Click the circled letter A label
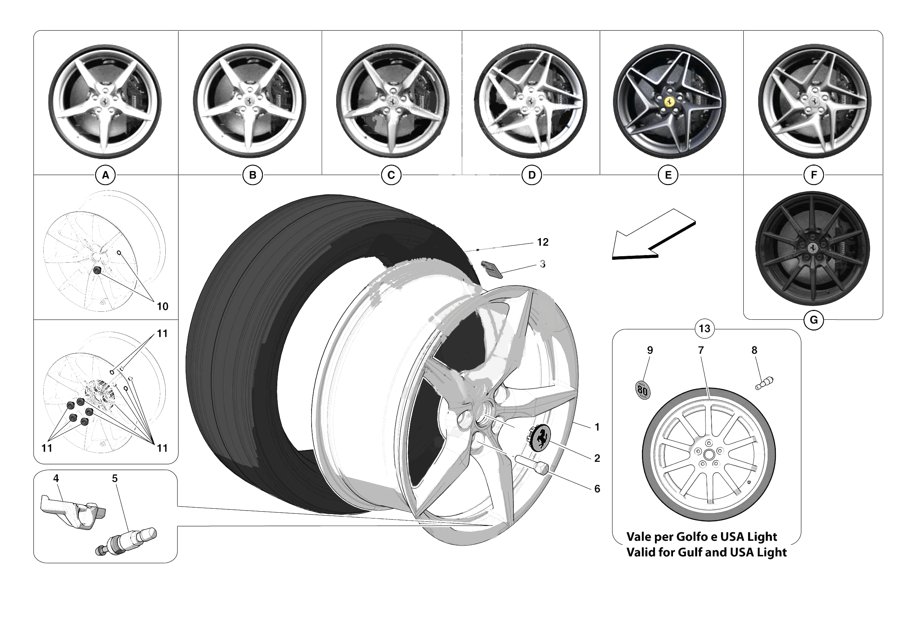click(x=105, y=175)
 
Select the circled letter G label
click(x=813, y=320)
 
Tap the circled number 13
click(x=704, y=329)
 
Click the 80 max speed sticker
click(x=642, y=390)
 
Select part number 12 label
click(x=543, y=242)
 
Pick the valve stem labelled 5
click(x=127, y=540)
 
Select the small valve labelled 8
click(x=764, y=383)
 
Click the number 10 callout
click(x=162, y=307)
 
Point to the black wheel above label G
click(x=813, y=249)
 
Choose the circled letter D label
click(x=531, y=175)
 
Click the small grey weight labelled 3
click(x=492, y=269)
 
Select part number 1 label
click(x=596, y=427)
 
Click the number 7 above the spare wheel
click(x=701, y=350)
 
